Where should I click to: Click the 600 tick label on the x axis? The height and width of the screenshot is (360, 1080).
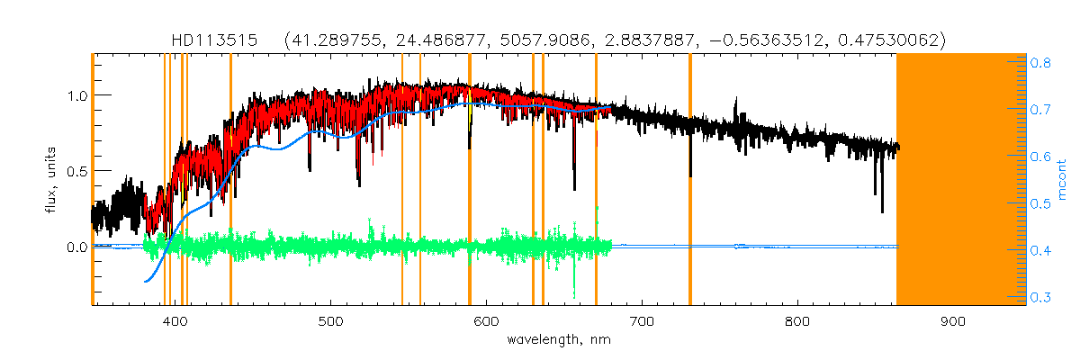coord(487,320)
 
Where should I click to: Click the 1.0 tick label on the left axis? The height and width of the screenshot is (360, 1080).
coord(76,95)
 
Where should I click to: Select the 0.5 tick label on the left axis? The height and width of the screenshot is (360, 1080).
coord(76,171)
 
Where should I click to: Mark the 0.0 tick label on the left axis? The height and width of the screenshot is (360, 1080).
coord(76,247)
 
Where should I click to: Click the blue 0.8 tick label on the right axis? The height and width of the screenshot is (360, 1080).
coord(1042,64)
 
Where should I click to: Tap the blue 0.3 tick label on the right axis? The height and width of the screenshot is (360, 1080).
coord(1042,297)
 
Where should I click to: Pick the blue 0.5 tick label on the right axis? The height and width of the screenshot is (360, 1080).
coord(1042,203)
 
